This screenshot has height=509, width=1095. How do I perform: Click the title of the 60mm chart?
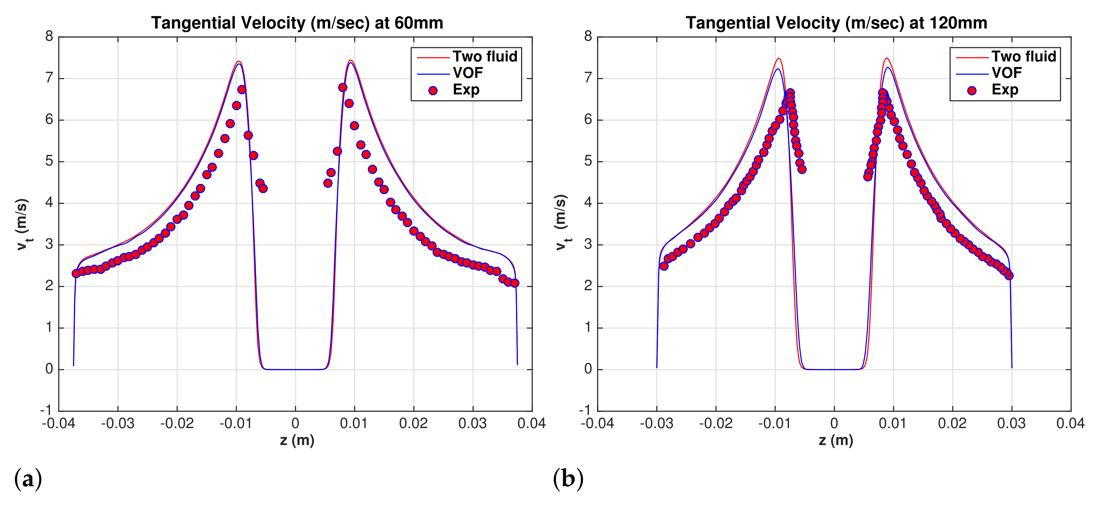[x=297, y=23]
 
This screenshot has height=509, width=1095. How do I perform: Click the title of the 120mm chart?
[x=836, y=23]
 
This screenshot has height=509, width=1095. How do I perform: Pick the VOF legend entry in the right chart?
[x=1007, y=73]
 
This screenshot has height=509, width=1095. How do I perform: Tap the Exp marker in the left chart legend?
[x=433, y=90]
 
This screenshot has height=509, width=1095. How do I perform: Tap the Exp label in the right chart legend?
[x=1005, y=89]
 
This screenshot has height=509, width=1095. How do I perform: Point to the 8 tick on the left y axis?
[x=49, y=37]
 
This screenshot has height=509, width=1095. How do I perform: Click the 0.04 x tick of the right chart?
[x=1070, y=423]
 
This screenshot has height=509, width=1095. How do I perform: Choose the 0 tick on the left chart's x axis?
[x=295, y=423]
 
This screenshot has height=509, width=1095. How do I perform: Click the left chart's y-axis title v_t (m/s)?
[x=23, y=224]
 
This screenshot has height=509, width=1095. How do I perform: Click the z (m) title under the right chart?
[x=836, y=440]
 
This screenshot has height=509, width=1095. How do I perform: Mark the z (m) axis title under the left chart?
[x=297, y=440]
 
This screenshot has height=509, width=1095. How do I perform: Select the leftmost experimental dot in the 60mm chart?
[x=76, y=273]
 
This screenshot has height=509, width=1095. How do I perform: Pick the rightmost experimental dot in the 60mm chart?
[x=515, y=283]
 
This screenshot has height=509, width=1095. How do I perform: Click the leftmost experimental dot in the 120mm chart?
[x=664, y=266]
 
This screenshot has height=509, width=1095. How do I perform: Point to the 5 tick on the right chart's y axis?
[x=588, y=161]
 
